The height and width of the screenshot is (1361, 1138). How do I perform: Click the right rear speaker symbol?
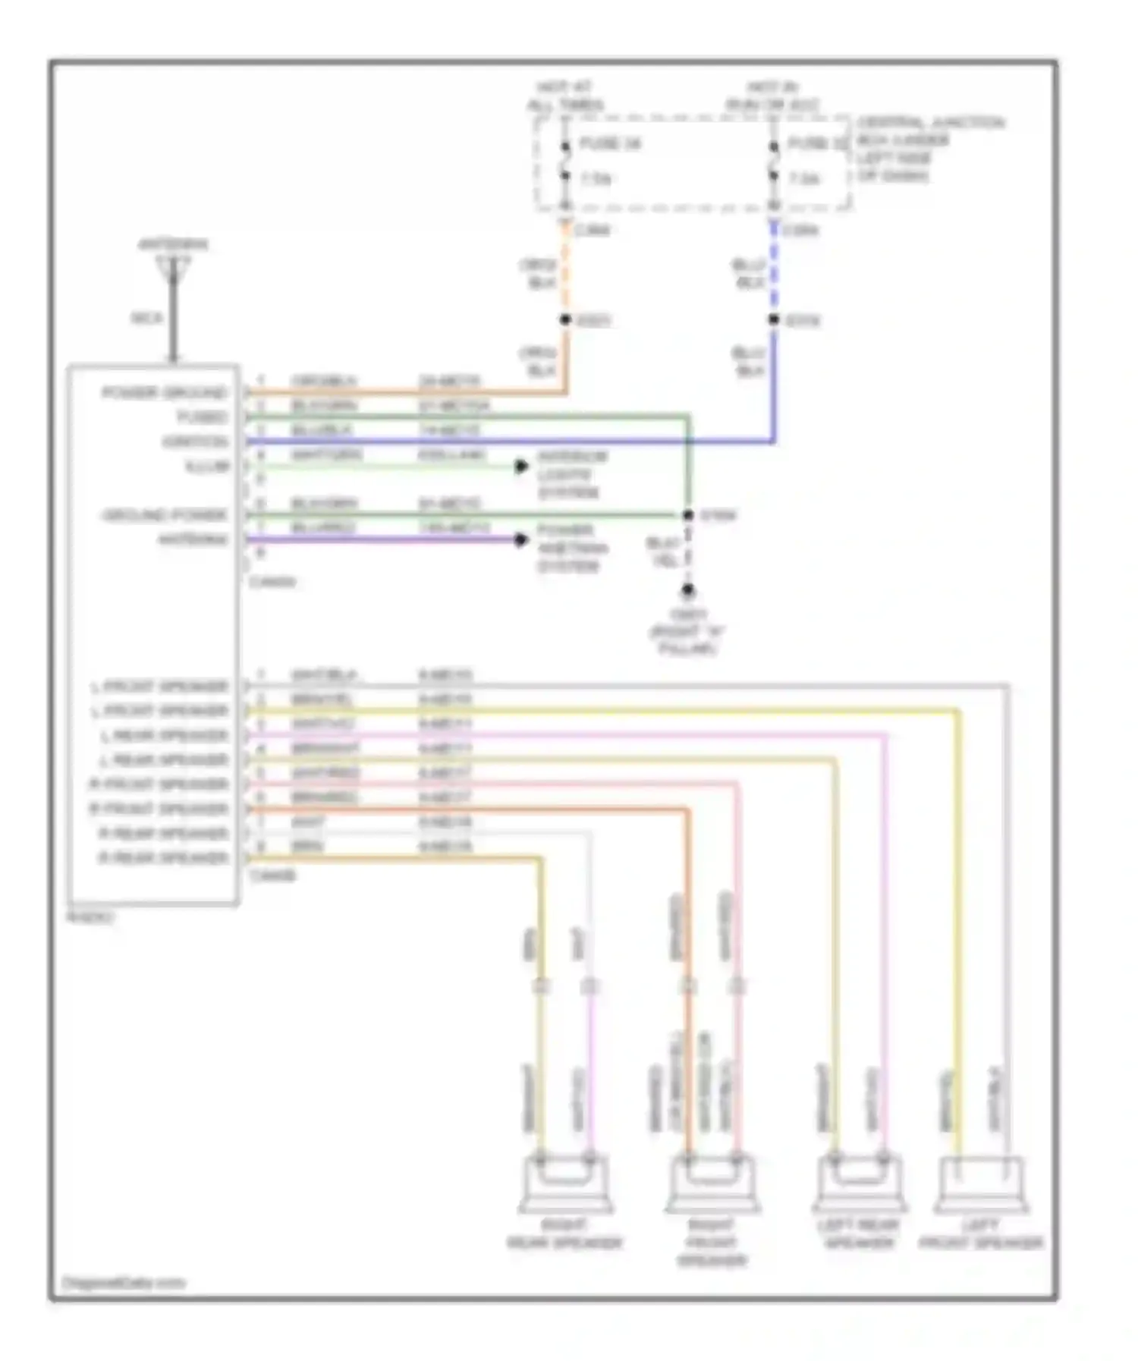pyautogui.click(x=565, y=1184)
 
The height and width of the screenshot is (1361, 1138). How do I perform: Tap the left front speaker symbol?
pyautogui.click(x=981, y=1184)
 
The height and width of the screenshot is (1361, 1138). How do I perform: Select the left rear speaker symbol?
pyautogui.click(x=858, y=1184)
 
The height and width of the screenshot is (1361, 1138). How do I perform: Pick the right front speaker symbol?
pyautogui.click(x=712, y=1184)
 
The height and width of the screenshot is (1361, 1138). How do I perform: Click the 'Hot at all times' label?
pyautogui.click(x=565, y=96)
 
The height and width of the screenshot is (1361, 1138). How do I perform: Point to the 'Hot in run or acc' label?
pyautogui.click(x=772, y=96)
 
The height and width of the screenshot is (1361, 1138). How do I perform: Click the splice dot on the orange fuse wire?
pyautogui.click(x=565, y=320)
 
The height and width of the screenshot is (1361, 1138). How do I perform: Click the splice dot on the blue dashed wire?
pyautogui.click(x=774, y=320)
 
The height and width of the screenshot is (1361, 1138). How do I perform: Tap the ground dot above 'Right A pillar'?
pyautogui.click(x=687, y=589)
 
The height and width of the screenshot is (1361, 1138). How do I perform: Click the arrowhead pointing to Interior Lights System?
pyautogui.click(x=521, y=466)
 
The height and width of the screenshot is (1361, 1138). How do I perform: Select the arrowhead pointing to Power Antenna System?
pyautogui.click(x=521, y=539)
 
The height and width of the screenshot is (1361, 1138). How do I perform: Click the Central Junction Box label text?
pyautogui.click(x=929, y=149)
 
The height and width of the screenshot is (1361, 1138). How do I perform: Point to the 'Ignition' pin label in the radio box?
pyautogui.click(x=194, y=442)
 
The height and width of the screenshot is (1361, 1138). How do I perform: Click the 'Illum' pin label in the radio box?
pyautogui.click(x=206, y=466)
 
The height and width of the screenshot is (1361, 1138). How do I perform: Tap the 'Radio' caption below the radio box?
pyautogui.click(x=91, y=917)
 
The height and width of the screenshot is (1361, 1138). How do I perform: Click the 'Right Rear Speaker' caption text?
pyautogui.click(x=565, y=1234)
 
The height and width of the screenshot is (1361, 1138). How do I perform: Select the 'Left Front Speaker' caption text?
pyautogui.click(x=981, y=1234)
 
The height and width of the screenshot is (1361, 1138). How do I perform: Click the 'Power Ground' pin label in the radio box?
pyautogui.click(x=164, y=393)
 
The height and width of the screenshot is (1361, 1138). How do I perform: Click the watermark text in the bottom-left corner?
pyautogui.click(x=123, y=1283)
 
